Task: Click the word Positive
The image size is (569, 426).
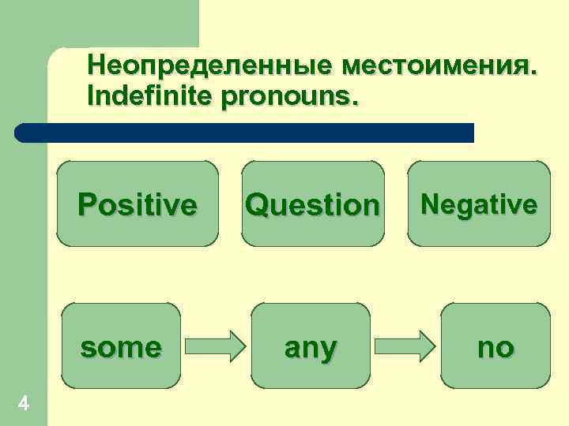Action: coord(137,205)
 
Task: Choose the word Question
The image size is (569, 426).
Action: coord(312,205)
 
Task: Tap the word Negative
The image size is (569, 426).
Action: coord(479,204)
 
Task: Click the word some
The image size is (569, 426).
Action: coord(121,346)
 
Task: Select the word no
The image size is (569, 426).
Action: coord(496,346)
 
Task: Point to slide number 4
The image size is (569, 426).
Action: coord(24,404)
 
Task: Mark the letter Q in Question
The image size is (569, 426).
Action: coord(257,205)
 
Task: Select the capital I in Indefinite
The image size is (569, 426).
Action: coord(93,96)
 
